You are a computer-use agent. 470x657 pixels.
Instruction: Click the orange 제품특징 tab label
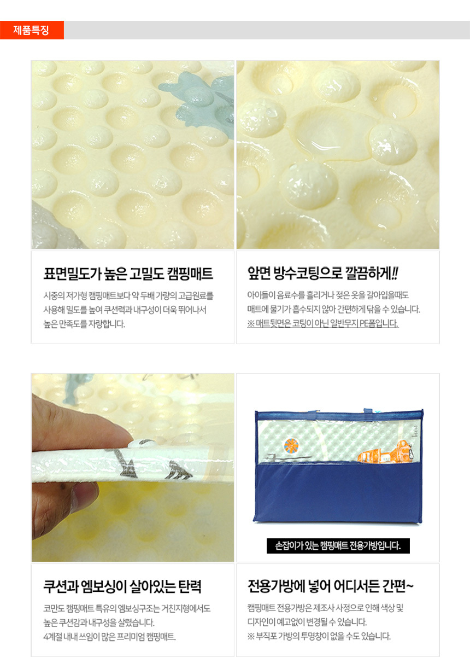pyautogui.click(x=31, y=30)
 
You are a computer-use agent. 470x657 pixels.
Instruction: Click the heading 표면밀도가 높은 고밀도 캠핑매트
pyautogui.click(x=128, y=274)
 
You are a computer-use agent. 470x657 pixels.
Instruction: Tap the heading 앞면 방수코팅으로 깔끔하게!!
pyautogui.click(x=322, y=273)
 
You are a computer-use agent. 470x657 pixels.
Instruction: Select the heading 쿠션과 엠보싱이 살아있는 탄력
pyautogui.click(x=122, y=586)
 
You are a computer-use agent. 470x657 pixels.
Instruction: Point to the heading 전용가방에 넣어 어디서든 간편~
pyautogui.click(x=330, y=586)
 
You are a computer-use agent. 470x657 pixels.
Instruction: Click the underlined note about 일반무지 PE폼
pyautogui.click(x=322, y=323)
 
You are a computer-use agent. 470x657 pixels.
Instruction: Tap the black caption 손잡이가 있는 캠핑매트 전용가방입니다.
pyautogui.click(x=338, y=545)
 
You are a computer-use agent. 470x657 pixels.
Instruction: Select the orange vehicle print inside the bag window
pyautogui.click(x=385, y=452)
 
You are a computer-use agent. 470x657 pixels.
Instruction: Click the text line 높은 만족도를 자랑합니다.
pyautogui.click(x=84, y=324)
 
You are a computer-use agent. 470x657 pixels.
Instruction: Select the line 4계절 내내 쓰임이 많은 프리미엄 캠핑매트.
pyautogui.click(x=110, y=637)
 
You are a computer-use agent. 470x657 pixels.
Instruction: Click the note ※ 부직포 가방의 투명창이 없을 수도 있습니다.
pyautogui.click(x=319, y=636)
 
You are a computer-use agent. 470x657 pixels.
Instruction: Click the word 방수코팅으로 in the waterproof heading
pyautogui.click(x=308, y=273)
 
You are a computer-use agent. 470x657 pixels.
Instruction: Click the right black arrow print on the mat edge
pyautogui.click(x=179, y=469)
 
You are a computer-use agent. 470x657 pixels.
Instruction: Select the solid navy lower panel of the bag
pyautogui.click(x=338, y=492)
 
